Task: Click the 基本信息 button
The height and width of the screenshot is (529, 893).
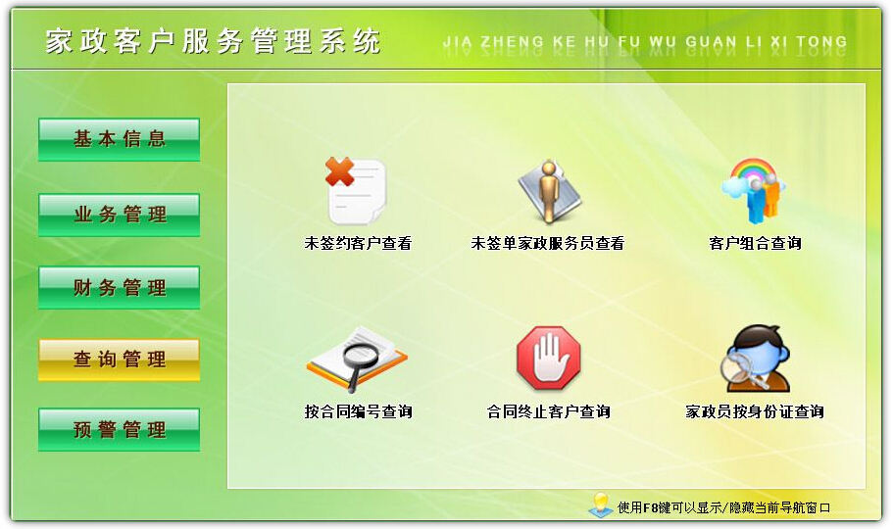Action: pyautogui.click(x=119, y=139)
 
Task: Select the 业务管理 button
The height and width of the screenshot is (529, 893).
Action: pyautogui.click(x=119, y=215)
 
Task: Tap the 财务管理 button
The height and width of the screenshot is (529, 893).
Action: pyautogui.click(x=119, y=288)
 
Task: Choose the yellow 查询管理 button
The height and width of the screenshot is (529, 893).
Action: pyautogui.click(x=119, y=360)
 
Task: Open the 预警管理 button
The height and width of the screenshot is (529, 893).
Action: pyautogui.click(x=119, y=430)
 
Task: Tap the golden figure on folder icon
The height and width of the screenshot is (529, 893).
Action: pyautogui.click(x=548, y=192)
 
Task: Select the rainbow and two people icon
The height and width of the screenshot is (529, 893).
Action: pyautogui.click(x=754, y=191)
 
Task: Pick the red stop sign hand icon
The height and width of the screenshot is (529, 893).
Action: pyautogui.click(x=548, y=359)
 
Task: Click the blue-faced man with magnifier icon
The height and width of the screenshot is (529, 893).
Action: pyautogui.click(x=755, y=359)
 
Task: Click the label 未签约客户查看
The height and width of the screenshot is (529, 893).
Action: pyautogui.click(x=358, y=244)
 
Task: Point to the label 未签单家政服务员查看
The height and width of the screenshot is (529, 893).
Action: pyautogui.click(x=548, y=244)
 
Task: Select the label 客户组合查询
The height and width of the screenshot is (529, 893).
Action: pyautogui.click(x=755, y=244)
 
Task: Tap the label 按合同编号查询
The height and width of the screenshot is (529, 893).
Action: pyautogui.click(x=358, y=411)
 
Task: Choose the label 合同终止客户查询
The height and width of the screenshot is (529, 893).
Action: pyautogui.click(x=548, y=411)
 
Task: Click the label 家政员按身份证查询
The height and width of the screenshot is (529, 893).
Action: pyautogui.click(x=755, y=411)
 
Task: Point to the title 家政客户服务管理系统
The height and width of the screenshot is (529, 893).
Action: pyautogui.click(x=213, y=41)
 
